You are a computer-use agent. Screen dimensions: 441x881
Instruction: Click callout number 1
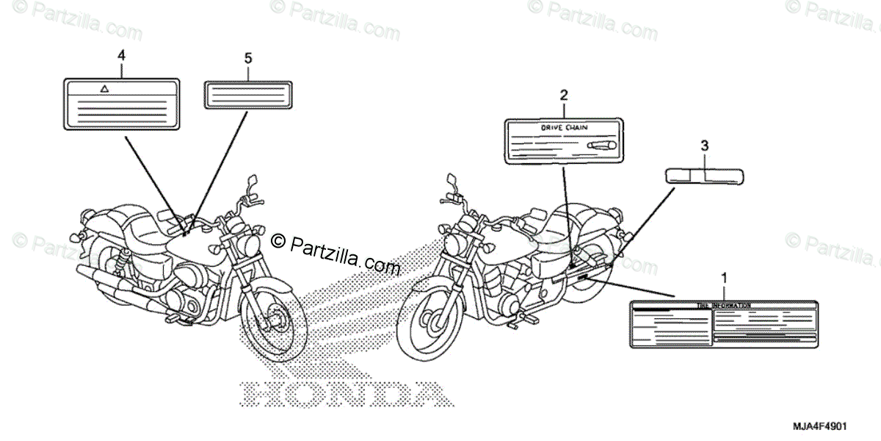pyautogui.click(x=725, y=278)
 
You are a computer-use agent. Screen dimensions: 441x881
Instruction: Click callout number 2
pyautogui.click(x=563, y=94)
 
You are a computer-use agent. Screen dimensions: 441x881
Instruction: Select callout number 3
pyautogui.click(x=705, y=146)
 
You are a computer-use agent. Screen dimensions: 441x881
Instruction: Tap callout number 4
pyautogui.click(x=120, y=54)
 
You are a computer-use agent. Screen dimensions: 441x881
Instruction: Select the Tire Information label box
pyautogui.click(x=722, y=324)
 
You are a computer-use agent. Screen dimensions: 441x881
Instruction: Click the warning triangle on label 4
pyautogui.click(x=104, y=87)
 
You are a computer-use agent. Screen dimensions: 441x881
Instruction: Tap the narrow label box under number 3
pyautogui.click(x=705, y=176)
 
